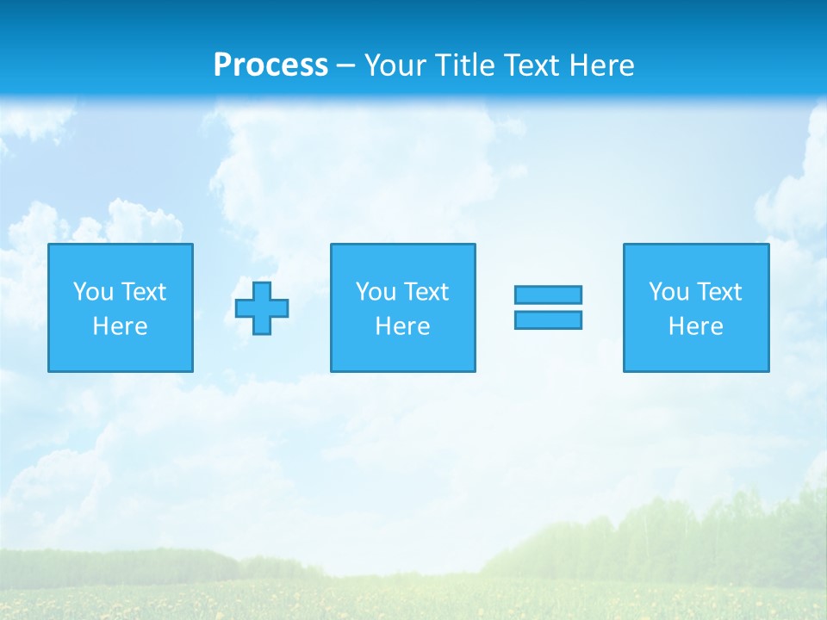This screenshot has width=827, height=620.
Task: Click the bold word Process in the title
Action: (x=270, y=65)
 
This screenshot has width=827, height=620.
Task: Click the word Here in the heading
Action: (x=602, y=65)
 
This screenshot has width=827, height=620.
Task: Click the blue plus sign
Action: (x=262, y=308)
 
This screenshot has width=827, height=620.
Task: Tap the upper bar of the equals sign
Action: (x=548, y=294)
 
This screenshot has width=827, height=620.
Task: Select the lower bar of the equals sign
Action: (x=548, y=319)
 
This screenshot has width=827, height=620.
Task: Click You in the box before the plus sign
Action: (x=93, y=292)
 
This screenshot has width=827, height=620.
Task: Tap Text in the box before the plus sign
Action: (x=142, y=292)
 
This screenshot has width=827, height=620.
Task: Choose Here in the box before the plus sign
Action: (x=120, y=326)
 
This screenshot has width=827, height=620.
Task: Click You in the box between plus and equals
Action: (x=376, y=292)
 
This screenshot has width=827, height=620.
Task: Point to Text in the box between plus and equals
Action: (x=425, y=292)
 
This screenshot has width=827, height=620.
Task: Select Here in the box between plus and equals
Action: (x=402, y=326)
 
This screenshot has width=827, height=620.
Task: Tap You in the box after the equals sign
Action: (x=668, y=292)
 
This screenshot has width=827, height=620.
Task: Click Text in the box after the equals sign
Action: (x=718, y=292)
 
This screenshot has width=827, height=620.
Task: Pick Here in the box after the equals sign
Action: (x=695, y=326)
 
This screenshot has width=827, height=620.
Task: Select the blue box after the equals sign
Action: (x=695, y=353)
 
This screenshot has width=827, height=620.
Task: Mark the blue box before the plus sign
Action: (x=120, y=353)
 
